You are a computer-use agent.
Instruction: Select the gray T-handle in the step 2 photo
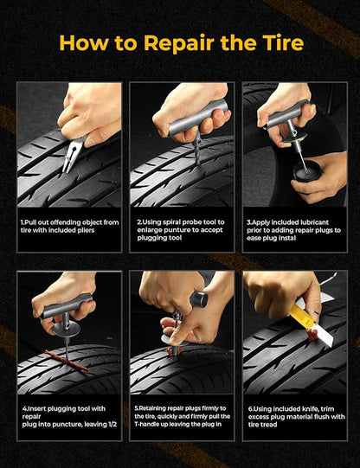point(196,119)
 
